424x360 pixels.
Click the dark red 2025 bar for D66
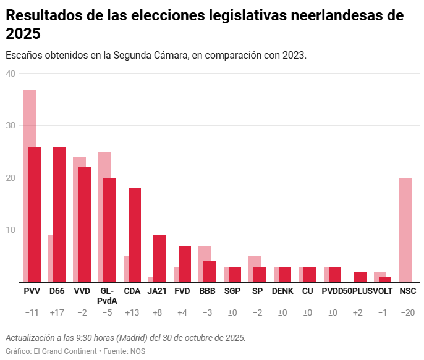(59, 214)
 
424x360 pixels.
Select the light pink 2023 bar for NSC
(405, 230)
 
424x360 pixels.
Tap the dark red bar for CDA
(134, 235)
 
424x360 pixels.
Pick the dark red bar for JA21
(159, 259)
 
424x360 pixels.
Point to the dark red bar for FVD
(185, 264)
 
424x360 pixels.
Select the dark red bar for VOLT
(385, 280)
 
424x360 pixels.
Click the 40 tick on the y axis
(11, 73)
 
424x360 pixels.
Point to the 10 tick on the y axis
(11, 230)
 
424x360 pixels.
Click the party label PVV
(32, 291)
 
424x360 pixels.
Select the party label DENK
(282, 291)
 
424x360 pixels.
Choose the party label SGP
(232, 291)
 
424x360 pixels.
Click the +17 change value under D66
(57, 313)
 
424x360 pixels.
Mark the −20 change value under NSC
(407, 313)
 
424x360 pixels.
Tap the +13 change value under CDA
(132, 313)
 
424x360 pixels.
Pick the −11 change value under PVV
(32, 313)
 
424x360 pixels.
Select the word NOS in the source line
(138, 351)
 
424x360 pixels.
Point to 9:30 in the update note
(88, 338)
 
